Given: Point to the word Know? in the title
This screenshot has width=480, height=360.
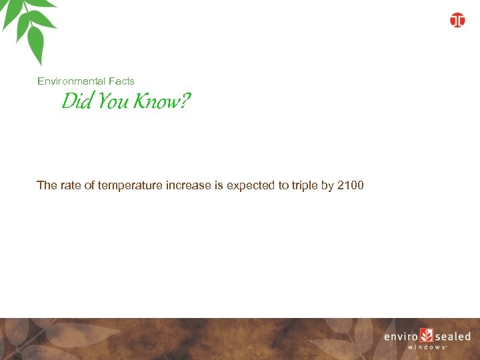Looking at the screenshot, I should click(x=162, y=102).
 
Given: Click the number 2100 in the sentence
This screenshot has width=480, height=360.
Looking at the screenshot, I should click(x=351, y=185).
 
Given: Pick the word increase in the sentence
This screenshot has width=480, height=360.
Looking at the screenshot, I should click(x=189, y=185).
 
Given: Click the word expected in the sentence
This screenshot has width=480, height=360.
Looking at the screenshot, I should click(x=250, y=185).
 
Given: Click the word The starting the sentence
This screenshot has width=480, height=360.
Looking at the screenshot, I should click(x=47, y=185).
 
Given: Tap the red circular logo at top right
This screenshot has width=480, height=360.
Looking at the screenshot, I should click(x=457, y=20).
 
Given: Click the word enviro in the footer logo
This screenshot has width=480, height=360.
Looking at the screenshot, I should click(x=401, y=337).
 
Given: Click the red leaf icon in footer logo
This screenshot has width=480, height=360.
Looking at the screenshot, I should click(x=427, y=335).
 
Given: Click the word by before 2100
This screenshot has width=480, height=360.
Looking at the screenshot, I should click(x=327, y=185).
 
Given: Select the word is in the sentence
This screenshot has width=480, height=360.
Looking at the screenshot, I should click(x=219, y=185).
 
